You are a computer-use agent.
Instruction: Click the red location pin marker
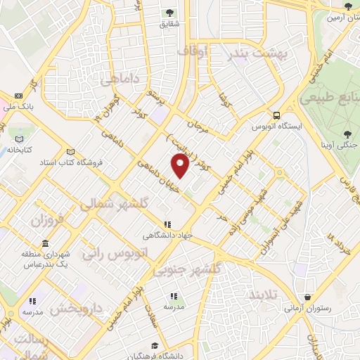click(x=181, y=165)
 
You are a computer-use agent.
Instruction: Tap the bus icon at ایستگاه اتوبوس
click(x=278, y=115)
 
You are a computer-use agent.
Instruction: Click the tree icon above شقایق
click(x=169, y=12)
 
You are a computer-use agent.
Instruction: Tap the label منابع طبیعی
click(x=330, y=99)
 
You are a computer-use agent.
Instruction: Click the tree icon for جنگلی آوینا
click(x=348, y=134)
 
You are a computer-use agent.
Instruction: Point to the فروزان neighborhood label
click(x=47, y=220)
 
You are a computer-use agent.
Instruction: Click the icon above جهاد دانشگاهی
click(x=167, y=224)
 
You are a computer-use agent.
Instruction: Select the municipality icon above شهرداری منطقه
click(x=45, y=243)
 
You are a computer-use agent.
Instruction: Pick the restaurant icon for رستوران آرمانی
click(x=307, y=297)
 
